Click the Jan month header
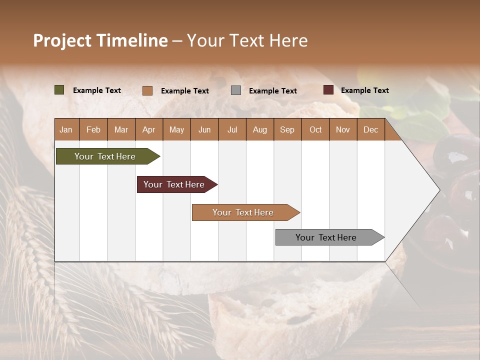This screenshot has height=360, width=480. pyautogui.click(x=66, y=129)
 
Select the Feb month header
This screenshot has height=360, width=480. pyautogui.click(x=93, y=129)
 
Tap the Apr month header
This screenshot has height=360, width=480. pyautogui.click(x=148, y=129)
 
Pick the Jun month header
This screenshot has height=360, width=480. pyautogui.click(x=204, y=129)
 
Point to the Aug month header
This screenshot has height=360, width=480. pyautogui.click(x=259, y=129)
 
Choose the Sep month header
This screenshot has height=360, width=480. pyautogui.click(x=287, y=129)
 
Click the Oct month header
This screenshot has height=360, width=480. pyautogui.click(x=315, y=129)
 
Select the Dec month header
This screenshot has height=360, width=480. pyautogui.click(x=370, y=129)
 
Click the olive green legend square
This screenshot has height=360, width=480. pyautogui.click(x=59, y=90)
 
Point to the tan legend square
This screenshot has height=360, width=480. pyautogui.click(x=147, y=90)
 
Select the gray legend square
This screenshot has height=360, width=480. pyautogui.click(x=235, y=90)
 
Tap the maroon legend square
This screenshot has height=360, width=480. pyautogui.click(x=328, y=90)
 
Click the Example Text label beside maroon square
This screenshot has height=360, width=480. pyautogui.click(x=364, y=90)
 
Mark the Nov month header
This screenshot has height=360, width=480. pyautogui.click(x=342, y=129)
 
